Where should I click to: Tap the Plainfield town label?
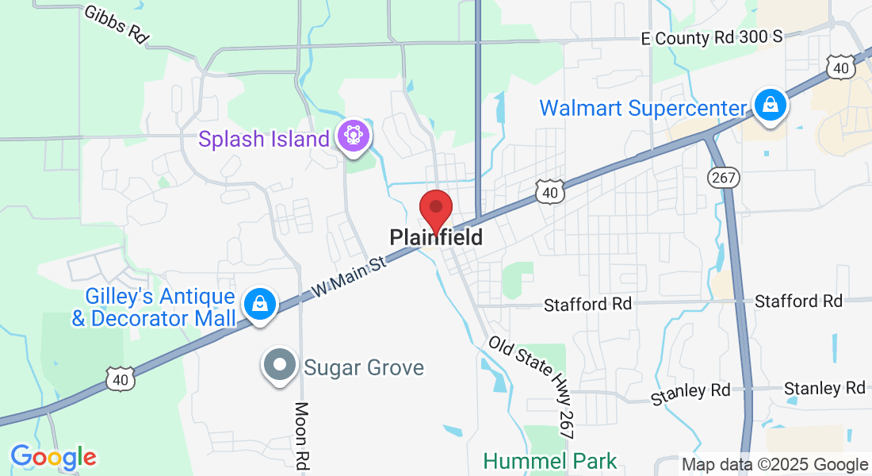click(x=436, y=237)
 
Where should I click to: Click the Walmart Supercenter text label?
click(x=643, y=108)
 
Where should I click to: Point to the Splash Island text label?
click(x=264, y=140)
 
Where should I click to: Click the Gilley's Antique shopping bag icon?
click(x=258, y=303)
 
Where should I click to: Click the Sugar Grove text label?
click(x=364, y=368)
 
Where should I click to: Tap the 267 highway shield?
click(x=725, y=177)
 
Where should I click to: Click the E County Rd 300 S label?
click(x=711, y=37)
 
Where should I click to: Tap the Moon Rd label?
click(x=301, y=437)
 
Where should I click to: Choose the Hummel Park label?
click(x=550, y=460)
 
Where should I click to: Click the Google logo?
click(x=53, y=457)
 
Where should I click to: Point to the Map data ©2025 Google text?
click(x=775, y=465)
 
